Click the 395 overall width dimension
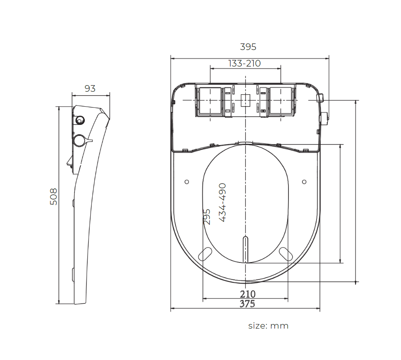pyautogui.click(x=248, y=47)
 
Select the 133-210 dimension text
pyautogui.click(x=245, y=63)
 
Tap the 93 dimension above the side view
pyautogui.click(x=90, y=88)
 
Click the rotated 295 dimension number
pyautogui.click(x=207, y=217)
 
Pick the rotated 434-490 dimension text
pyautogui.click(x=222, y=203)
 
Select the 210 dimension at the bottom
pyautogui.click(x=247, y=294)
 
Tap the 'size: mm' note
pyautogui.click(x=268, y=326)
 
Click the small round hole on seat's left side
pyautogui.click(x=187, y=182)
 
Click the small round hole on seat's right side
pyautogui.click(x=305, y=182)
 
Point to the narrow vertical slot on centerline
pyautogui.click(x=245, y=249)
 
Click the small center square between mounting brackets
pyautogui.click(x=245, y=100)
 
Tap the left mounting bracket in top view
pyautogui.click(x=209, y=101)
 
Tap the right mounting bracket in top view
pyautogui.click(x=281, y=101)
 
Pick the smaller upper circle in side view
pyautogui.click(x=79, y=120)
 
